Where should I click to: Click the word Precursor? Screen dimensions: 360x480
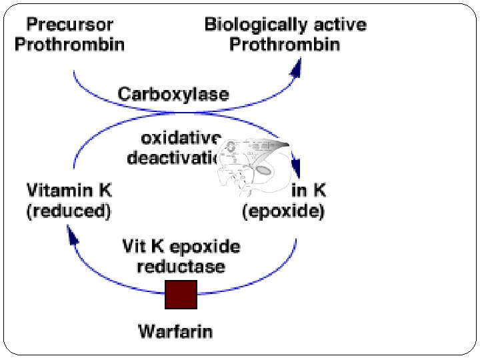coord(69,25)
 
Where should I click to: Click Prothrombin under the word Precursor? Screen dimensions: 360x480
coord(69,45)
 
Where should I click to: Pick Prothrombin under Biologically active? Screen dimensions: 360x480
coord(285,45)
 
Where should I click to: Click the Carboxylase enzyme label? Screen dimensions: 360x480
coord(173,94)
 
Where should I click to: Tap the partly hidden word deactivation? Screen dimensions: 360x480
coord(172,159)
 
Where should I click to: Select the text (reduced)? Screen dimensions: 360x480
coord(69,211)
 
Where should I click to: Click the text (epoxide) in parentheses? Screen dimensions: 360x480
coord(283,211)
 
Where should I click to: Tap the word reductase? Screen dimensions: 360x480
coord(181,267)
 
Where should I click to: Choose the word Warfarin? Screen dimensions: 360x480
coord(175,330)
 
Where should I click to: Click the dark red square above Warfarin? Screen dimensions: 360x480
coord(181,295)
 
